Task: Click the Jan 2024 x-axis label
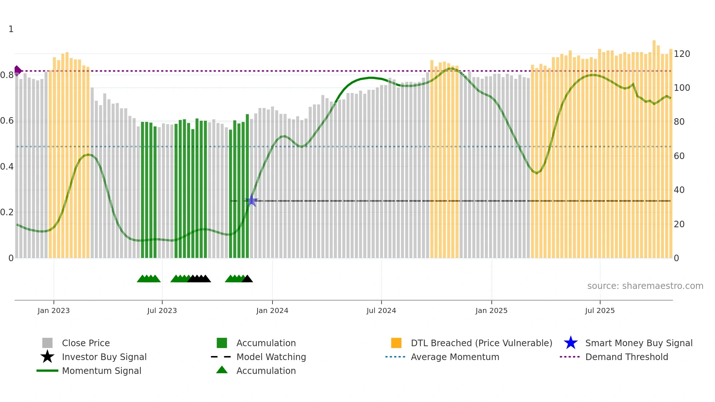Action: pos(272,310)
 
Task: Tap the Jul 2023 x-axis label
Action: pos(162,310)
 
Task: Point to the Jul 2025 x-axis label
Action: pos(600,310)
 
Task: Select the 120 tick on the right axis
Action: pos(682,54)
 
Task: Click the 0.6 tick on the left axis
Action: pos(7,121)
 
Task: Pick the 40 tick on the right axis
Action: pos(679,190)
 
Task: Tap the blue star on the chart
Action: pos(252,200)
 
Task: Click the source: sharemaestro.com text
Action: pos(645,286)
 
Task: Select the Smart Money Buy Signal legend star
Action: pos(571,343)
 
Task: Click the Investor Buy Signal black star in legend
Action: pos(47,357)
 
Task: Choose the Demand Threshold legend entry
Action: pos(626,357)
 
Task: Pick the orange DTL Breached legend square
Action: pos(396,343)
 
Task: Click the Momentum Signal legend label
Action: pos(101,371)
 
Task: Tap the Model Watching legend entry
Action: pos(271,357)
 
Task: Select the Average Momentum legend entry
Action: pos(455,357)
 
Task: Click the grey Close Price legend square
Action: pos(47,343)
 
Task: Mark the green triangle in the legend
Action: pos(222,370)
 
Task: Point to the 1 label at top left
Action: pos(11,29)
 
